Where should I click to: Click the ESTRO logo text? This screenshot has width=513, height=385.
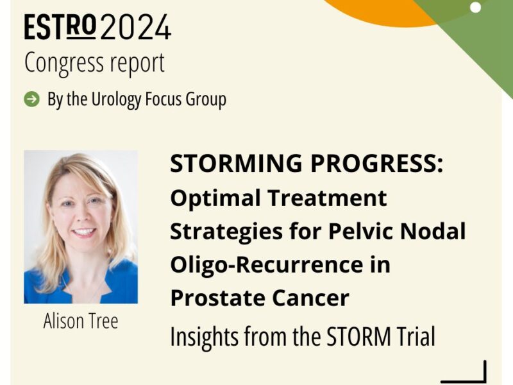click(x=61, y=28)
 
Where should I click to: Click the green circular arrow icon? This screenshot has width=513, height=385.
click(x=31, y=99)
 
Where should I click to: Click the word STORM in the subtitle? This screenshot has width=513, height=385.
click(x=350, y=336)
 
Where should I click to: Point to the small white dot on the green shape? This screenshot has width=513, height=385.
click(x=475, y=8)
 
